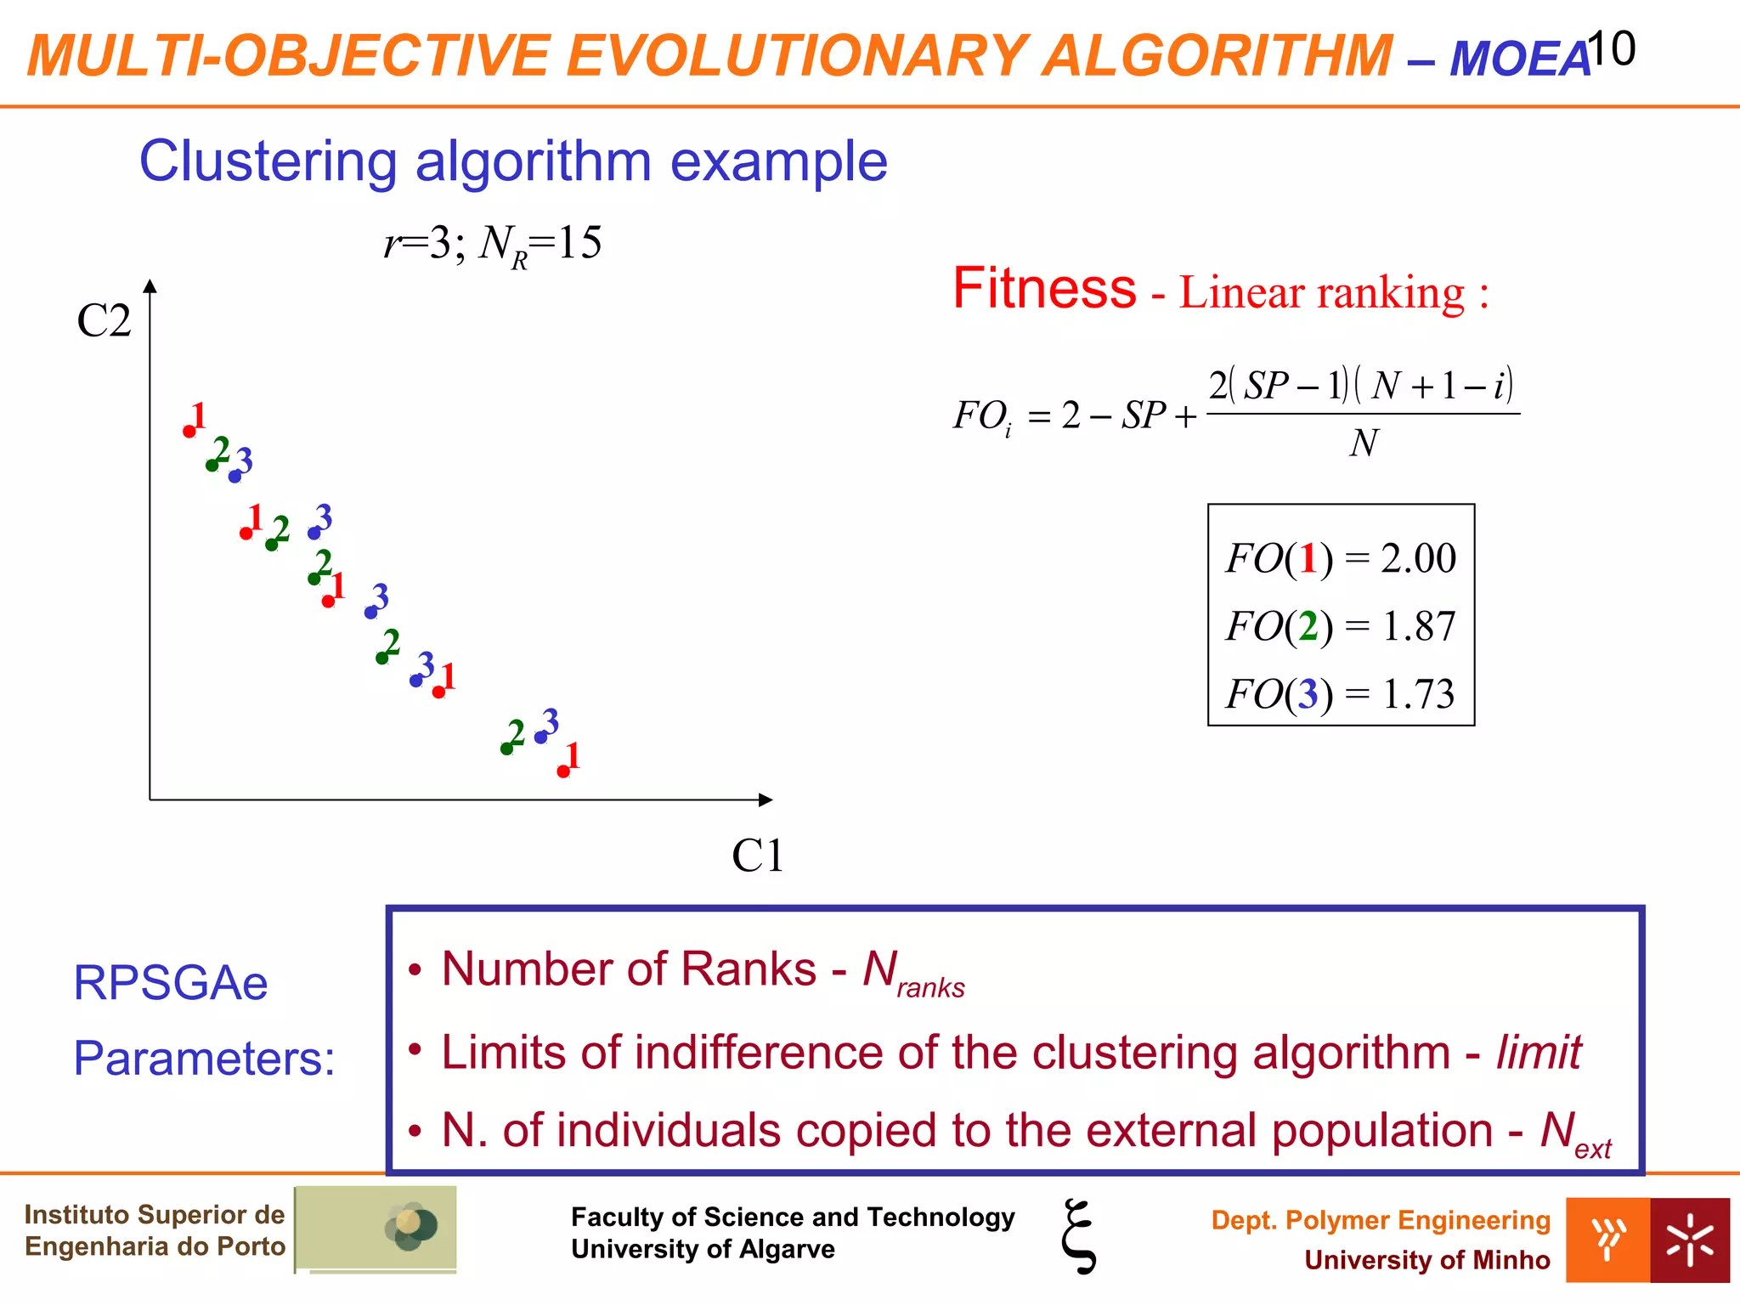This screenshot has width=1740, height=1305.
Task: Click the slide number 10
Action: point(1611,48)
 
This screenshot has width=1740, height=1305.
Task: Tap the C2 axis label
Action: point(104,321)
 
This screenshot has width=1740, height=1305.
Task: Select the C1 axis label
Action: point(757,856)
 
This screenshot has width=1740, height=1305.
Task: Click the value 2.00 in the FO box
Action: point(1418,558)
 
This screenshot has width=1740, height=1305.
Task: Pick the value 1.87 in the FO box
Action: point(1418,626)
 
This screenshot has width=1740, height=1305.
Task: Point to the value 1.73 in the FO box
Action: point(1418,694)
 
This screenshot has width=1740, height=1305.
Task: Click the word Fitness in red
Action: point(1044,288)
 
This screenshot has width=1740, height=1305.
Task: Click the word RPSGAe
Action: point(171,983)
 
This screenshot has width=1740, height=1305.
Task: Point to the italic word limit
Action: point(1538,1053)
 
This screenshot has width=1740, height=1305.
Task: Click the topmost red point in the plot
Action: point(189,432)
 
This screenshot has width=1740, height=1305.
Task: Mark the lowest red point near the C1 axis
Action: point(563,771)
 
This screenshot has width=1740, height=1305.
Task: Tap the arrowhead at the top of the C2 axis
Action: point(150,285)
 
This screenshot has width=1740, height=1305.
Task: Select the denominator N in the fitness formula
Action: point(1364,443)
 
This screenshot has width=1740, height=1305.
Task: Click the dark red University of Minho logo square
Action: point(1690,1240)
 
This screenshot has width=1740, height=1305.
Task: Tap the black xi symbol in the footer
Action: point(1078,1235)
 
